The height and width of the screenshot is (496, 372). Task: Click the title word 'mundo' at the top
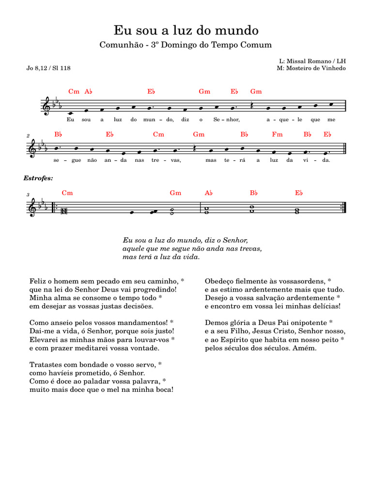pyautogui.click(x=239, y=31)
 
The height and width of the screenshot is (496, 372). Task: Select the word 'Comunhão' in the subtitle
pyautogui.click(x=119, y=45)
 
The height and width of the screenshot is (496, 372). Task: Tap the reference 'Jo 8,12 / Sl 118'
pyautogui.click(x=48, y=68)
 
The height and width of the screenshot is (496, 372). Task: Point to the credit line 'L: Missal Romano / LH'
pyautogui.click(x=313, y=62)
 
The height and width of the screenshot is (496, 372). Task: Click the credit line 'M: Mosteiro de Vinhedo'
pyautogui.click(x=310, y=69)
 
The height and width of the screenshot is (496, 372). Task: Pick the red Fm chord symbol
pyautogui.click(x=277, y=135)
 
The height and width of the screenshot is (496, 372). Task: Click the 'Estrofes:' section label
pyautogui.click(x=38, y=178)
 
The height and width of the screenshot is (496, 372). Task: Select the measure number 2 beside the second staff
pyautogui.click(x=30, y=136)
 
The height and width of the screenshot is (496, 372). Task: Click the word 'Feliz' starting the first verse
pyautogui.click(x=38, y=281)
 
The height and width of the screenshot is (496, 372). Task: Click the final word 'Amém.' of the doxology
pyautogui.click(x=306, y=348)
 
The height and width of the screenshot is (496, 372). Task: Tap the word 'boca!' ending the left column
pyautogui.click(x=163, y=390)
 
